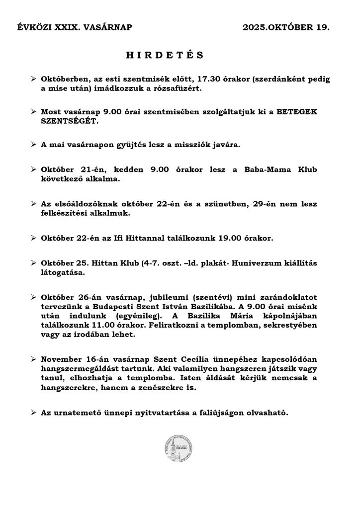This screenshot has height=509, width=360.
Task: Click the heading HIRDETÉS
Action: point(165,55)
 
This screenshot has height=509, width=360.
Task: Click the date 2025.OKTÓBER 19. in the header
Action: point(286,28)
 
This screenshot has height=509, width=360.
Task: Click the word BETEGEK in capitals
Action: point(299,112)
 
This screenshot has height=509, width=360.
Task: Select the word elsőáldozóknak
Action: point(90,204)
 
